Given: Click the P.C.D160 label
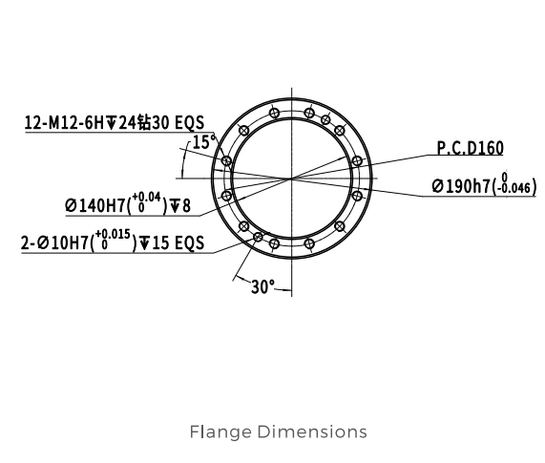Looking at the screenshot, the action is point(470,148).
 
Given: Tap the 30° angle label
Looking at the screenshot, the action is point(262,287).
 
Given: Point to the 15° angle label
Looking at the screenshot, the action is point(203,142).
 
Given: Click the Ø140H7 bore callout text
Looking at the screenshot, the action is point(128,203).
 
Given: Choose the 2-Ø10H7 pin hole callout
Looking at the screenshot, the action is point(113,241).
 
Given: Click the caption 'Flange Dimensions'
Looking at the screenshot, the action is point(279,431).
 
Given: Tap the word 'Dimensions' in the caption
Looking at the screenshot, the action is point(312,431).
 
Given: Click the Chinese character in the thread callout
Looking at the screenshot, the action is point(144,122).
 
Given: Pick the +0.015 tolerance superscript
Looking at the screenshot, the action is point(113,234).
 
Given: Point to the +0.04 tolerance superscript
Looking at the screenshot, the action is point(146,198).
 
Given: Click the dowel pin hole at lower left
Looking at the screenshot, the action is point(258,237).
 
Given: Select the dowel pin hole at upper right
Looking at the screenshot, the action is point(325,120).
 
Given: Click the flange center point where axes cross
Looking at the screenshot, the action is point(291,179).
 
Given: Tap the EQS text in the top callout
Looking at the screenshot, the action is point(189,122).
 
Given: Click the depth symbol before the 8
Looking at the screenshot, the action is point(176,206).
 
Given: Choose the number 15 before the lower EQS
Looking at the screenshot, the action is point(160,242).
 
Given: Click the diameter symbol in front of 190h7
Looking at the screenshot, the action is point(438,187).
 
